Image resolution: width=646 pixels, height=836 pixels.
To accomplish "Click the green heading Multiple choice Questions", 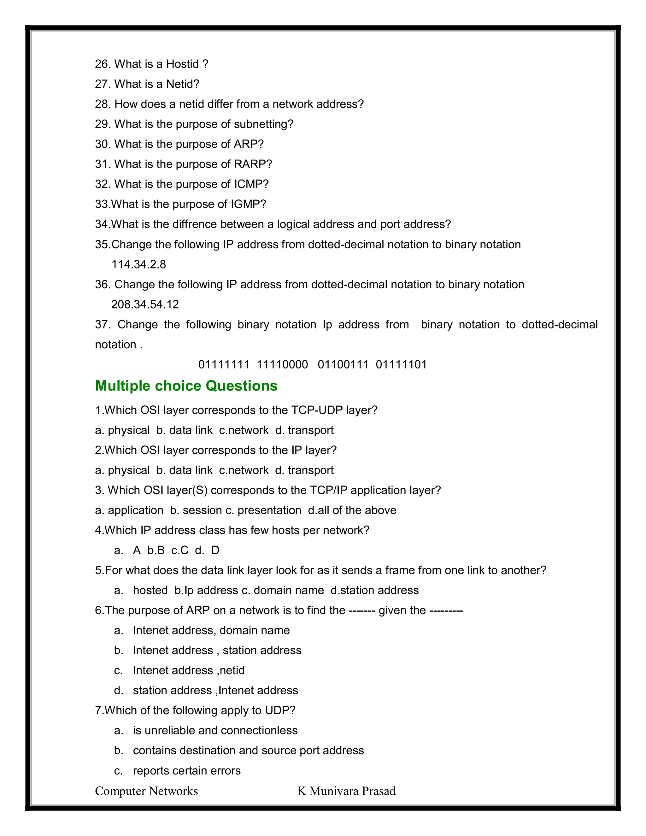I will [186, 386].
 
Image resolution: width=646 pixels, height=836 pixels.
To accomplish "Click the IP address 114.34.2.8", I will [138, 264].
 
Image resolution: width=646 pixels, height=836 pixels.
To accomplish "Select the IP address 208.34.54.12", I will [145, 304].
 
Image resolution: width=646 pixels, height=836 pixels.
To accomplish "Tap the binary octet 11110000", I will [282, 364].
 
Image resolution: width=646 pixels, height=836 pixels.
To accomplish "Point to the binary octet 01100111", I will [343, 364].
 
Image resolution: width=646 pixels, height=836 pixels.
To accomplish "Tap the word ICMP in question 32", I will [249, 184].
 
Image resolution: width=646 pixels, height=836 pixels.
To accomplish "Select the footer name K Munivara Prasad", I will [346, 791].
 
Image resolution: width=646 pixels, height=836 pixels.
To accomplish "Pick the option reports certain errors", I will [187, 771].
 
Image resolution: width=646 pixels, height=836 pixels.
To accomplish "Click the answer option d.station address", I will [375, 590].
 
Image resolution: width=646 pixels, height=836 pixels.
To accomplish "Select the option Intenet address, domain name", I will [211, 630].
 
